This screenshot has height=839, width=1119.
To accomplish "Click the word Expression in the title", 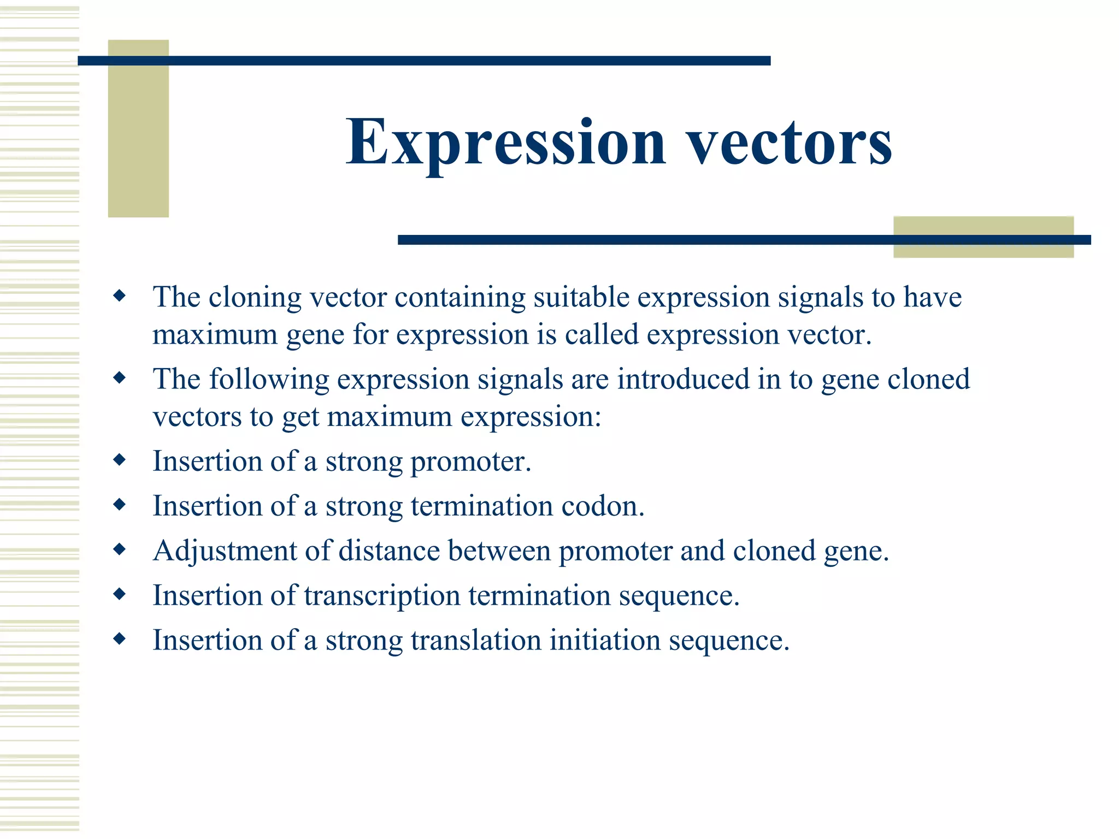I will pos(505,143).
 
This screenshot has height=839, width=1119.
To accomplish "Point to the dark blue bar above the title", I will pos(423,61).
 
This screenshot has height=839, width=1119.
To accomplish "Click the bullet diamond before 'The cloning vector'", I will pos(119,296).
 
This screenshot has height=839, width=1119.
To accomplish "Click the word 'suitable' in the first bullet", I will pos(581,298).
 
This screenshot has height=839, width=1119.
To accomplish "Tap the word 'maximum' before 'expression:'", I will pos(390,417).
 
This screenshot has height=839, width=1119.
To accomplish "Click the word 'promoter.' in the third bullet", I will pos(470,462).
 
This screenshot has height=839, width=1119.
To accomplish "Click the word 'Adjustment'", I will pos(225,551).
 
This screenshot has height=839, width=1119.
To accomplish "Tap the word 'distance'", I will pos(389,551).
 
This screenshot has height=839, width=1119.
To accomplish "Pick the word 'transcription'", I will pos(382,596).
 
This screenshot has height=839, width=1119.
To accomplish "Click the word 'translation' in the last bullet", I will pos(476,640).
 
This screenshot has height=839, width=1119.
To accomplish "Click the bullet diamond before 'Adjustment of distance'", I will pos(119,550).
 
